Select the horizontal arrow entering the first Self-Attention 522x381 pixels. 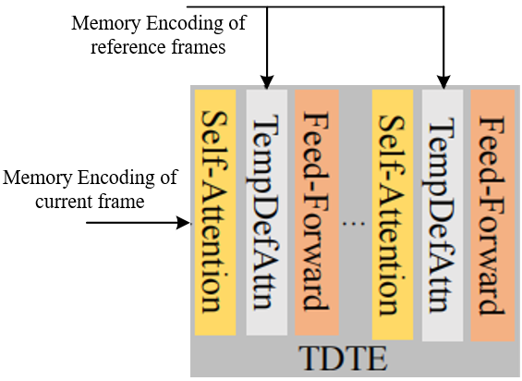(139, 223)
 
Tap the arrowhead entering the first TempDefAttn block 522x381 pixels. (266, 81)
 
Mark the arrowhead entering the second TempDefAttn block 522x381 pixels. (443, 81)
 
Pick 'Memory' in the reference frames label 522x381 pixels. (103, 22)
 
